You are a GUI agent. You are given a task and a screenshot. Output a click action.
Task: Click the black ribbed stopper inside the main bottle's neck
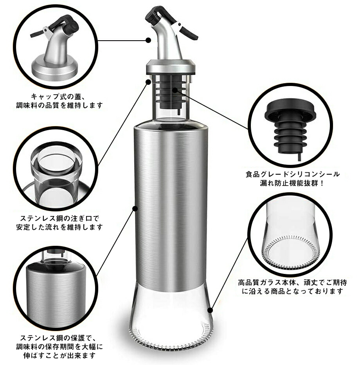click(171, 92)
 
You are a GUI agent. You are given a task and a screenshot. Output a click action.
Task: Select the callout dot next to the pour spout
click(148, 40)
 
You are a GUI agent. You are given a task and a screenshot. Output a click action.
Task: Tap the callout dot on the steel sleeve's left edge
click(135, 209)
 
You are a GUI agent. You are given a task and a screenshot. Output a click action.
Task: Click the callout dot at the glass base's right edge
click(210, 310)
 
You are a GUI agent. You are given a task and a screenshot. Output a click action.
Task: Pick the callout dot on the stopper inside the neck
click(175, 90)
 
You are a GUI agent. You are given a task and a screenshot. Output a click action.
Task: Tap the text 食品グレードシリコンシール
click(293, 174)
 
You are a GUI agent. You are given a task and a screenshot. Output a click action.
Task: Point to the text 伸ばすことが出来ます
click(60, 356)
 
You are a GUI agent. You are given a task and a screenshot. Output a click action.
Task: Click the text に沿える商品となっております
click(293, 291)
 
